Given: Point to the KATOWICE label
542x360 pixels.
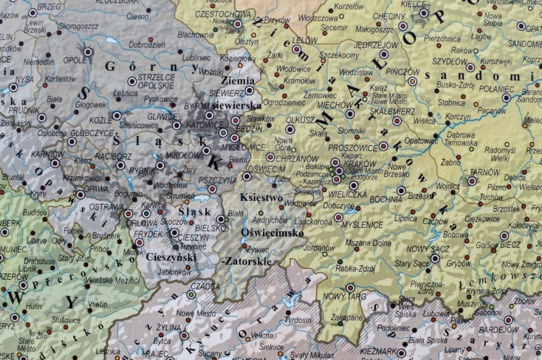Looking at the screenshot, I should point(192,124).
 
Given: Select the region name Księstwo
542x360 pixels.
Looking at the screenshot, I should point(261,197).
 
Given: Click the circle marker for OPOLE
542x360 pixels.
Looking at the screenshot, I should point(88,51).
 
